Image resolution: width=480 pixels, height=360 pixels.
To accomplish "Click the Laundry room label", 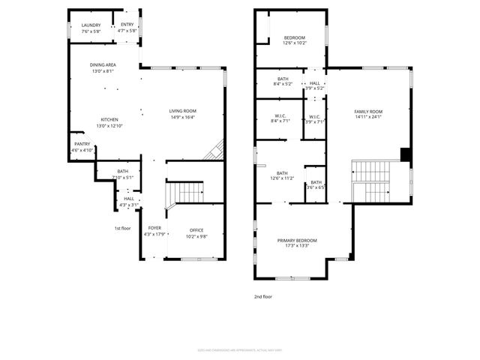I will (x=91, y=25).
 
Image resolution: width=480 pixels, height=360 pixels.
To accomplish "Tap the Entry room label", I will (x=127, y=25).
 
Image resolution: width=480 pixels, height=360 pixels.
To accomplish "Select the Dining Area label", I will (x=103, y=65).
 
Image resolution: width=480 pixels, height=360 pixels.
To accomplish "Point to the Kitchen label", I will (x=110, y=119).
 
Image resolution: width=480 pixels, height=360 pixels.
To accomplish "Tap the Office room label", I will (x=196, y=230).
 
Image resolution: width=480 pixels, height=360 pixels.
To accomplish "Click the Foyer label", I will (x=154, y=228).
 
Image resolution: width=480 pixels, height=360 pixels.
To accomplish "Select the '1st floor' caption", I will (x=122, y=228).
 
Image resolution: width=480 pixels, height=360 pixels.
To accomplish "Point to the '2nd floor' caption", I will (x=263, y=297).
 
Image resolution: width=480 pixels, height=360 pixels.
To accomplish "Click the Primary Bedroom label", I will (x=297, y=240).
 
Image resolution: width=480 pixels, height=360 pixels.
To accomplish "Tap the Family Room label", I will (x=368, y=111).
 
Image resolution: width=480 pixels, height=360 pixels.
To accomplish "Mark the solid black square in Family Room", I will (x=406, y=154).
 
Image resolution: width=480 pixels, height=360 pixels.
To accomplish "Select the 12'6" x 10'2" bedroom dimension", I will (x=294, y=43).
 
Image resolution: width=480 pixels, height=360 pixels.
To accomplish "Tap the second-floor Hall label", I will (x=315, y=83).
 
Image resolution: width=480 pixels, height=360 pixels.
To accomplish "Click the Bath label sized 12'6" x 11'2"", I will (x=282, y=172).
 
